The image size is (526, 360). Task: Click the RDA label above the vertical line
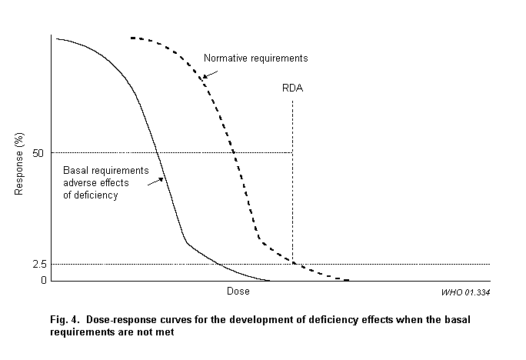click(293, 88)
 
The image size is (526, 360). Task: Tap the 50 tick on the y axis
click(39, 152)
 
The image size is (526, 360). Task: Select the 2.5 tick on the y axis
click(39, 264)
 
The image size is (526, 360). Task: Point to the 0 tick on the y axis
click(44, 279)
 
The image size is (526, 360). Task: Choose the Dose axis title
click(238, 292)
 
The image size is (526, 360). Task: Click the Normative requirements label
click(255, 58)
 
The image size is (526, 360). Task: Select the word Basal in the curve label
click(75, 171)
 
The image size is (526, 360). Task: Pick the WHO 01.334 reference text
click(466, 292)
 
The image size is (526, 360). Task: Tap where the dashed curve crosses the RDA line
click(293, 262)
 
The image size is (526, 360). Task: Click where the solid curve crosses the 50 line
click(157, 152)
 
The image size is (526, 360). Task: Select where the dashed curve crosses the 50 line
click(235, 152)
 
